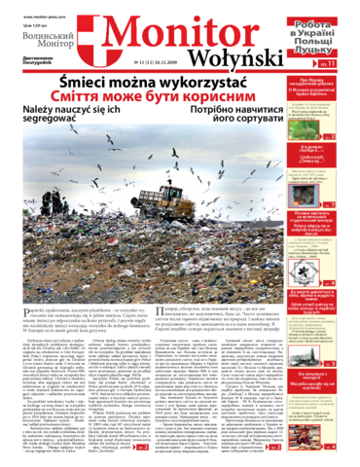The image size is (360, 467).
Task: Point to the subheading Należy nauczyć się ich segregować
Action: pos(63,122)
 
